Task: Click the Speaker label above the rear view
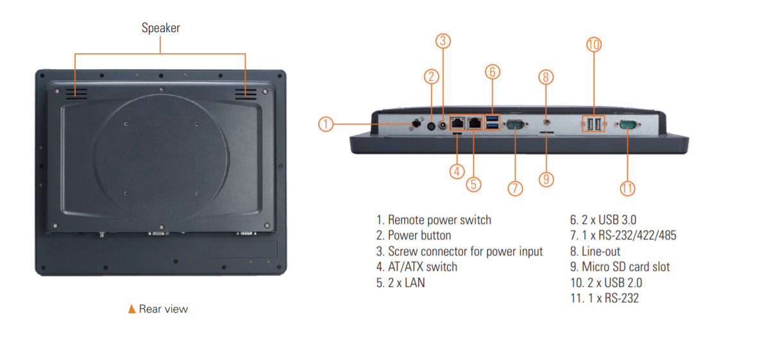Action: point(161,28)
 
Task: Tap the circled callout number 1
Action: point(326,124)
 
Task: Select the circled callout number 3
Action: point(443,40)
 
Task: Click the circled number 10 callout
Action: point(594,44)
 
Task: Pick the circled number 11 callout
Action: point(627,188)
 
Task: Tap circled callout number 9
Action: point(546,178)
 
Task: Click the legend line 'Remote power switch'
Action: point(434,219)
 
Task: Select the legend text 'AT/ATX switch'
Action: point(417,266)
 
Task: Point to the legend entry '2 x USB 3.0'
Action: point(603,219)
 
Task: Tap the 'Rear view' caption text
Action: point(164,309)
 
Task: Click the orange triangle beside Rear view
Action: point(132,309)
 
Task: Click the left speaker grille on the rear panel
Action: point(76,93)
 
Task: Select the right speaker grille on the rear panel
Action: point(245,94)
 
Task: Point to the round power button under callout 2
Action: point(430,126)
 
